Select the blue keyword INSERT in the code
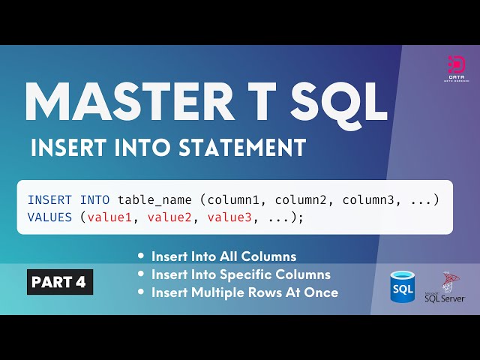tap(49, 200)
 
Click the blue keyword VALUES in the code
tap(49, 217)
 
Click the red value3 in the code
tap(232, 217)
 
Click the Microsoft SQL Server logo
tap(445, 287)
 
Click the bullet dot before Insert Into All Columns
tap(142, 256)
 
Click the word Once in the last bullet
tap(322, 292)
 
